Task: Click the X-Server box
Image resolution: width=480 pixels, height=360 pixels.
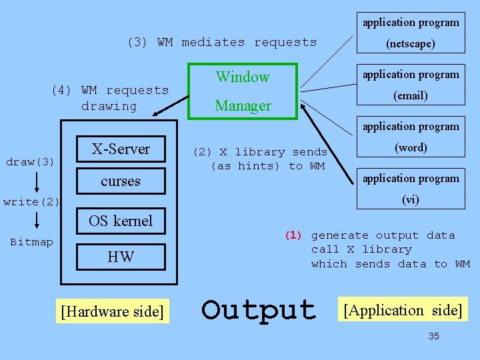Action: [x=121, y=149]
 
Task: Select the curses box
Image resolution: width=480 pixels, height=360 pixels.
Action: [x=121, y=181]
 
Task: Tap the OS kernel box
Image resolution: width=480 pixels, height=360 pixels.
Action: [x=121, y=221]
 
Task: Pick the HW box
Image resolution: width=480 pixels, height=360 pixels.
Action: [x=121, y=257]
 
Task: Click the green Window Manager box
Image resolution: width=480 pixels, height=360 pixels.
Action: [x=243, y=91]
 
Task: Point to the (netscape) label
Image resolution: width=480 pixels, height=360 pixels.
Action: [x=411, y=44]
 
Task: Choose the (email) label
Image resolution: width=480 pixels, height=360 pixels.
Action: [x=411, y=95]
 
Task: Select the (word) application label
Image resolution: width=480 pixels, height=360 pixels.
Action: [x=411, y=147]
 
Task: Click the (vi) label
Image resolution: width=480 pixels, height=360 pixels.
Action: [x=411, y=199]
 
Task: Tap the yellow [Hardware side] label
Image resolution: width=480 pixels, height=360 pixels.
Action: [x=112, y=311]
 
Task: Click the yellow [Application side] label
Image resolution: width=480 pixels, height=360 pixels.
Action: [x=402, y=310]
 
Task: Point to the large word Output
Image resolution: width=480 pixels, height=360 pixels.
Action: [x=259, y=310]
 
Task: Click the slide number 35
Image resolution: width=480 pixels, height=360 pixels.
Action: [x=433, y=337]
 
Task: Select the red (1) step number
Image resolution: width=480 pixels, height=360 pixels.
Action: [x=293, y=235]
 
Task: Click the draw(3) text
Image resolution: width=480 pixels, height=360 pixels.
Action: [x=30, y=162]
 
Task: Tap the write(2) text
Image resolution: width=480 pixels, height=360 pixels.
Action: [x=31, y=201]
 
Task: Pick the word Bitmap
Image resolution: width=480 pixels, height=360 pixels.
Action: [x=31, y=242]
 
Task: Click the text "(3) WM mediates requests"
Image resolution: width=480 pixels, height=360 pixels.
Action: [x=221, y=42]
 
